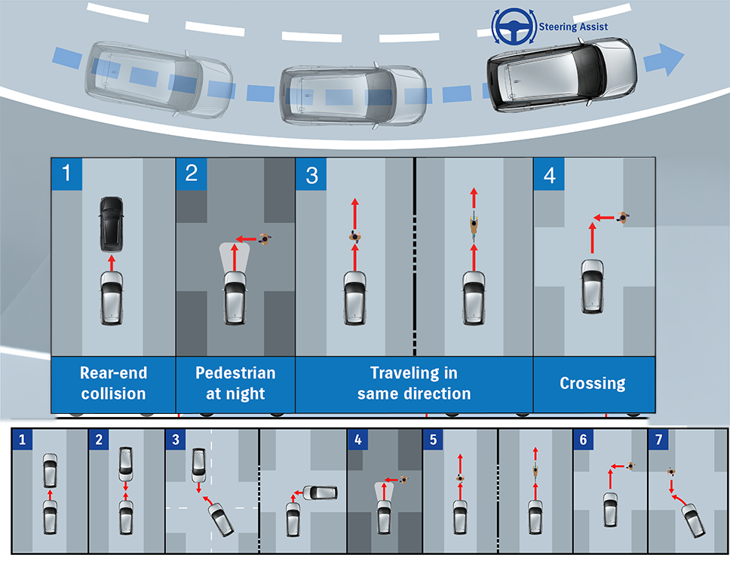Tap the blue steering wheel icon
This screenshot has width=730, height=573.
pyautogui.click(x=514, y=26)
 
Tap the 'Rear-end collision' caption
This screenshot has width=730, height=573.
pyautogui.click(x=113, y=383)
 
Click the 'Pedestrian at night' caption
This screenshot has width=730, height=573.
pyautogui.click(x=235, y=383)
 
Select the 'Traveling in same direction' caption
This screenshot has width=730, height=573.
pyautogui.click(x=414, y=383)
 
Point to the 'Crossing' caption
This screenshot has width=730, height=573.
pyautogui.click(x=592, y=383)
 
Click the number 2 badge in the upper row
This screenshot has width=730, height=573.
pyautogui.click(x=191, y=173)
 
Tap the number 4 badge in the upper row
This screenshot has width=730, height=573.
pyautogui.click(x=549, y=174)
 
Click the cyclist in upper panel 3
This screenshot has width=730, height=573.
pyautogui.click(x=474, y=225)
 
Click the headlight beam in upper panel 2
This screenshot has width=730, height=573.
pyautogui.click(x=235, y=257)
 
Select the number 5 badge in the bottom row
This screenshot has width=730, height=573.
pyautogui.click(x=433, y=440)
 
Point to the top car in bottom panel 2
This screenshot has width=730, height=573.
pyautogui.click(x=126, y=461)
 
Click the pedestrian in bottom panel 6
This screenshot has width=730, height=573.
pyautogui.click(x=630, y=467)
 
